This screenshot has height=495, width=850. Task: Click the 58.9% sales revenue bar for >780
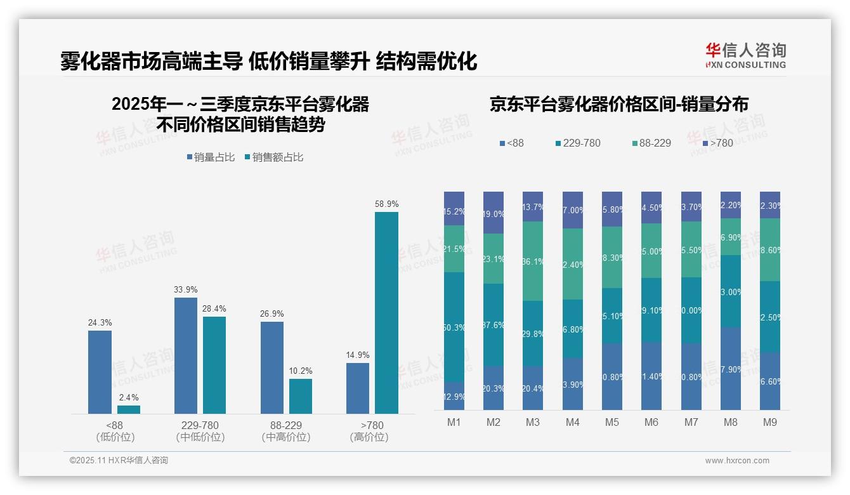[386, 313]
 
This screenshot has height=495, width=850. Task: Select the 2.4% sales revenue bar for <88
[129, 409]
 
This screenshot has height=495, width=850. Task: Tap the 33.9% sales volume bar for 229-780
[186, 355]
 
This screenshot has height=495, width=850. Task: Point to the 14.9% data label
[358, 355]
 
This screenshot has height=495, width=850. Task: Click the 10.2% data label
[300, 371]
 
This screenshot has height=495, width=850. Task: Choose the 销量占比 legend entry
[211, 157]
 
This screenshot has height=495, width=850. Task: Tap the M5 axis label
[611, 422]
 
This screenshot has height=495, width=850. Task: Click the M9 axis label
[769, 422]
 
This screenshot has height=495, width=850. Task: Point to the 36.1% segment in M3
[533, 261]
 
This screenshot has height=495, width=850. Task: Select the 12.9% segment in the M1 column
[454, 395]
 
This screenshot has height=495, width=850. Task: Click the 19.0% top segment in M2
[494, 213]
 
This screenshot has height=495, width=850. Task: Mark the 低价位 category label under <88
[115, 437]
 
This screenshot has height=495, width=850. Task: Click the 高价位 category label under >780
[369, 437]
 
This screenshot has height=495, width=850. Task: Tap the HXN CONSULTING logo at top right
[745, 56]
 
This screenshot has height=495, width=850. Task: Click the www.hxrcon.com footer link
[736, 461]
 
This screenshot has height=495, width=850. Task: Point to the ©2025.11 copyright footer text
[119, 461]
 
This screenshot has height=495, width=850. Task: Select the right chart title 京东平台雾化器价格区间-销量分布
[618, 104]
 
